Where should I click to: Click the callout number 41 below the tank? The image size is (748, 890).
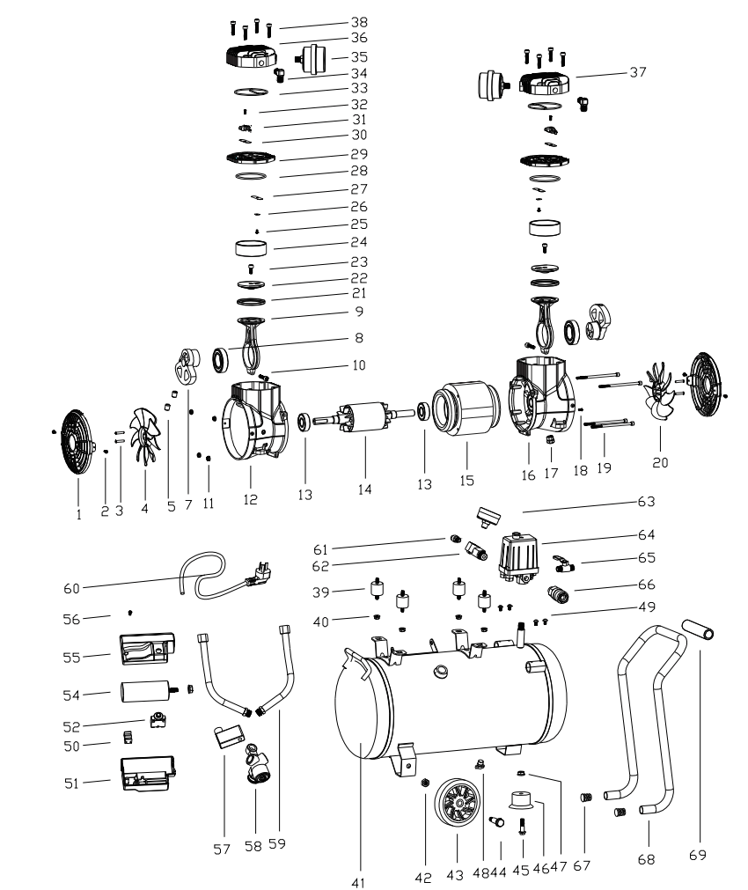click(x=357, y=880)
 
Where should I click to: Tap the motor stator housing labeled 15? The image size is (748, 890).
click(x=466, y=410)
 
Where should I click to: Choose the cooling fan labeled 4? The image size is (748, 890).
click(x=143, y=435)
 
